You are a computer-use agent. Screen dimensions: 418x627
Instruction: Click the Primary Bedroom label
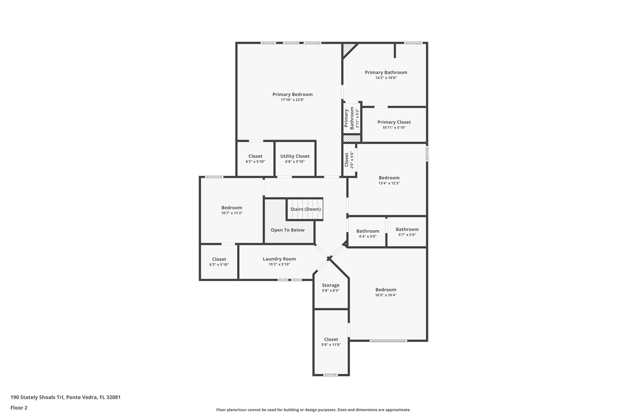292,94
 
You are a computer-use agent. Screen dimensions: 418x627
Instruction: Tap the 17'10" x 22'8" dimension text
292,100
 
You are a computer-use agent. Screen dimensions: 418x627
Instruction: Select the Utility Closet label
295,156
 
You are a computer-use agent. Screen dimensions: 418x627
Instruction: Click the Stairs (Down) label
306,209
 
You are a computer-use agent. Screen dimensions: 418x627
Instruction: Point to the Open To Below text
287,230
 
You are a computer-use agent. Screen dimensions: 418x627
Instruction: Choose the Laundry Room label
279,259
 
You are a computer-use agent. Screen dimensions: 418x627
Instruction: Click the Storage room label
331,285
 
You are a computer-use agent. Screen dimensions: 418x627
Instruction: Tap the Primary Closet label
394,122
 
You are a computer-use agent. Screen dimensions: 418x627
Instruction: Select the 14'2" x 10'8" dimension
386,78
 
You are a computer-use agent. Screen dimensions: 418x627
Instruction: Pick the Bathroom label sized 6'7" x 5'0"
407,229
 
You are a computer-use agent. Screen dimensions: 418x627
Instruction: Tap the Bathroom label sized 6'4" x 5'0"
368,231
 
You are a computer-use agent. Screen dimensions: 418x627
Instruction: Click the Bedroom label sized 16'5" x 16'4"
386,290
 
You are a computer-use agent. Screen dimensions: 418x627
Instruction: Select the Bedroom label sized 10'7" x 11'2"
232,208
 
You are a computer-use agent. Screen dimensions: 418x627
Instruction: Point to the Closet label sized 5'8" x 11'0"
331,339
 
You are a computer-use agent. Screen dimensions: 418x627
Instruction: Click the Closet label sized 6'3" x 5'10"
219,259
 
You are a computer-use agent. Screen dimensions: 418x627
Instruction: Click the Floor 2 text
19,408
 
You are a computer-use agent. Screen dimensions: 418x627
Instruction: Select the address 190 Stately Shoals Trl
66,397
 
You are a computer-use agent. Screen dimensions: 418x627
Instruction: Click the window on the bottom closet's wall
331,375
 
